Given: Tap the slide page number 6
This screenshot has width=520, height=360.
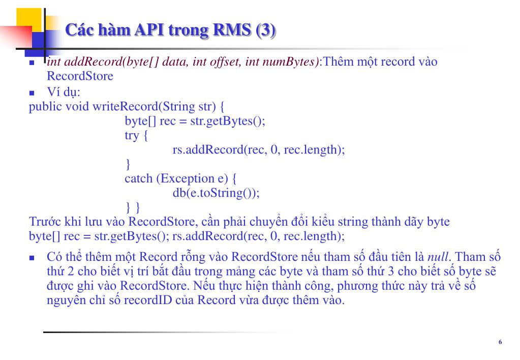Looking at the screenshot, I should click(x=500, y=342).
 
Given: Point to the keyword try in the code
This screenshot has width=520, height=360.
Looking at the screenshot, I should click(x=132, y=136).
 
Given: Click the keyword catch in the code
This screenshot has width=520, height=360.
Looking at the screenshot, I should click(x=138, y=178).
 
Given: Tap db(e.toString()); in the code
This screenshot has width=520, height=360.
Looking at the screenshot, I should click(x=216, y=193).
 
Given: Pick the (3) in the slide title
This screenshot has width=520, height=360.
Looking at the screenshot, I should click(x=266, y=31).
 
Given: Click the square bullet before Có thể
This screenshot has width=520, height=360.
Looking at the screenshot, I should click(x=32, y=258).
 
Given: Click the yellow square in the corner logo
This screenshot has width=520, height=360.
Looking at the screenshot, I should click(x=28, y=20).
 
